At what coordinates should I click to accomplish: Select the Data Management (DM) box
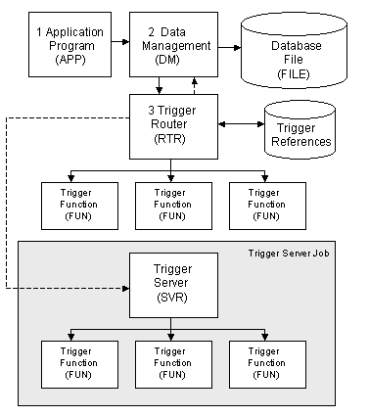pyautogui.click(x=172, y=45)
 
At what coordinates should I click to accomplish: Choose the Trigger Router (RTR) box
pyautogui.click(x=172, y=124)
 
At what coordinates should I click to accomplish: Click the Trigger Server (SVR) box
pyautogui.click(x=172, y=285)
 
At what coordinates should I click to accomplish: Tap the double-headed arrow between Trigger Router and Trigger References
pyautogui.click(x=239, y=123)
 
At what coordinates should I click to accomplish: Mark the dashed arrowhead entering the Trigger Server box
pyautogui.click(x=125, y=289)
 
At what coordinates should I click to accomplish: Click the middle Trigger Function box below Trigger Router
pyautogui.click(x=172, y=203)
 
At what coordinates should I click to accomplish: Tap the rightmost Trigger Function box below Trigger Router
pyautogui.click(x=264, y=203)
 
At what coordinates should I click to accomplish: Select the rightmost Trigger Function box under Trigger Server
pyautogui.click(x=264, y=363)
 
